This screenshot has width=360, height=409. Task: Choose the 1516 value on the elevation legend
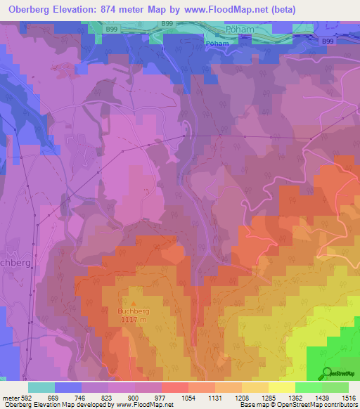pos(348,397)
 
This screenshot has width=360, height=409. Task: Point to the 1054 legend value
pos(188,397)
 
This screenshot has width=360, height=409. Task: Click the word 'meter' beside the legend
pos(10,397)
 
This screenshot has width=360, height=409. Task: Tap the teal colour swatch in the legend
pos(41,387)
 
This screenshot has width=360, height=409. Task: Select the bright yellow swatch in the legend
pos(281,387)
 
